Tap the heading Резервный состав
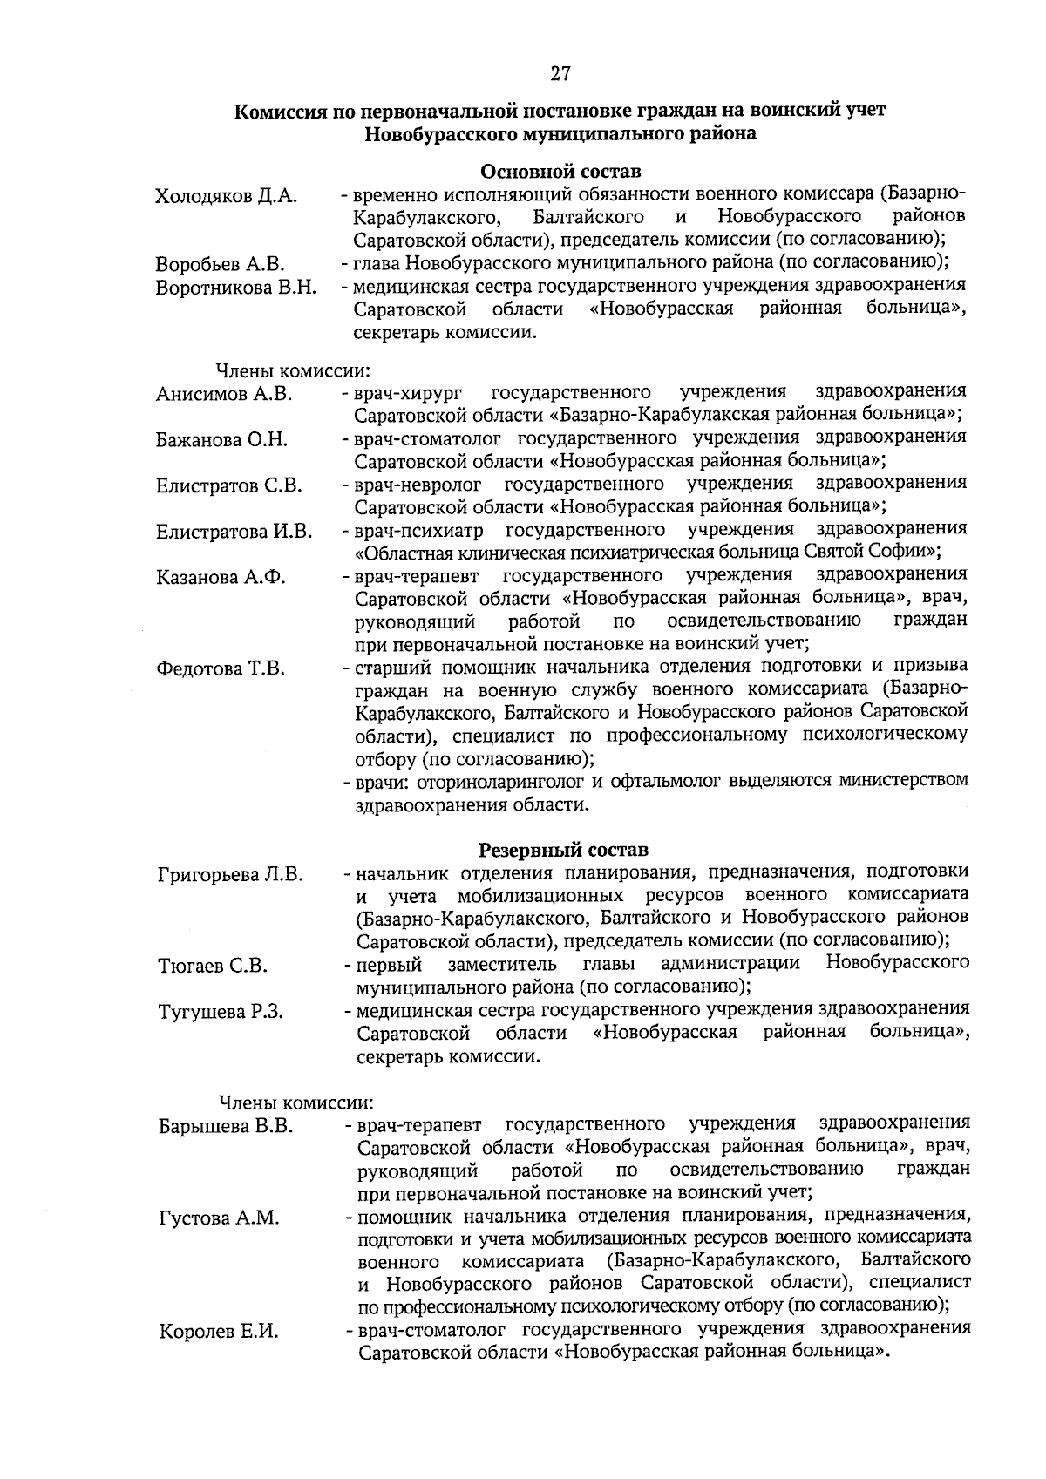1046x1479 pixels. tap(563, 849)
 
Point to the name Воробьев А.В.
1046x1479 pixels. tap(220, 264)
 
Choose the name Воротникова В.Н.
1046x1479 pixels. tap(235, 288)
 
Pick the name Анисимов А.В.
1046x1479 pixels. tap(224, 394)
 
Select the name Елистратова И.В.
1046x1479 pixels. tap(234, 532)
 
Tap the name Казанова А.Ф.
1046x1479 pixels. tap(221, 578)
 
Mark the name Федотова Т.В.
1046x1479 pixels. tap(221, 669)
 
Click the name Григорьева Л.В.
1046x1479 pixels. tap(230, 874)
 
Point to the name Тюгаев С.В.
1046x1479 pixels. tap(213, 966)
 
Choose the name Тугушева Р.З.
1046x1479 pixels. tap(221, 1012)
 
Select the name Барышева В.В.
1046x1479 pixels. tap(225, 1126)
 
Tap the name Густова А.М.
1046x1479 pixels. tap(219, 1218)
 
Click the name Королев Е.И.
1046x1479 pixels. tap(218, 1332)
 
